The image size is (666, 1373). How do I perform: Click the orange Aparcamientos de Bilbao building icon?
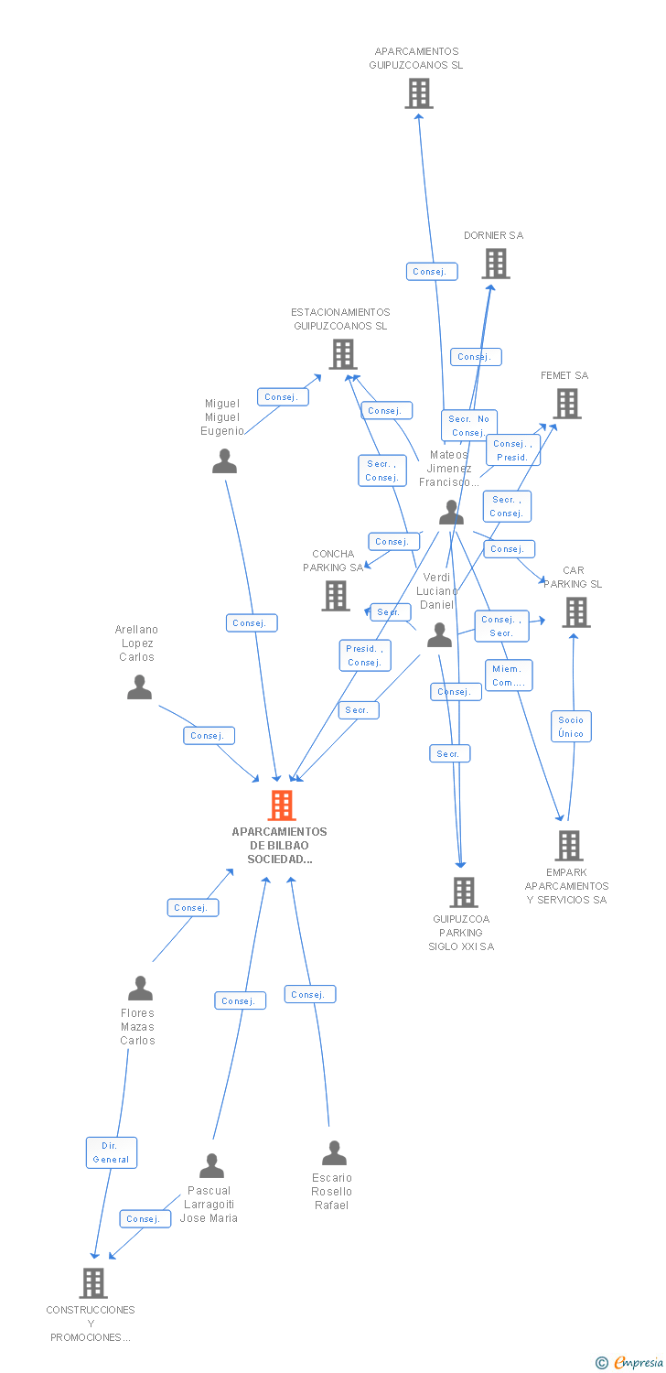pyautogui.click(x=282, y=805)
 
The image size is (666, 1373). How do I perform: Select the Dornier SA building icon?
pyautogui.click(x=496, y=264)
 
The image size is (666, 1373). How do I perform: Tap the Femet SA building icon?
pyautogui.click(x=567, y=404)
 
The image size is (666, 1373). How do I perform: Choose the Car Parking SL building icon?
pyautogui.click(x=575, y=612)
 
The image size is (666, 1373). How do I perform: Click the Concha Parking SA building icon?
pyautogui.click(x=336, y=596)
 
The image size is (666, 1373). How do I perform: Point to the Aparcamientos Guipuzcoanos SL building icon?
pyautogui.click(x=419, y=93)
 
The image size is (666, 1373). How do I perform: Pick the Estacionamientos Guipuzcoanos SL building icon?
pyautogui.click(x=343, y=354)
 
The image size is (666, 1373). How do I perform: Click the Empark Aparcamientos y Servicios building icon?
pyautogui.click(x=569, y=846)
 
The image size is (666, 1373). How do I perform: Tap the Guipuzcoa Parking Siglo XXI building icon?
pyautogui.click(x=464, y=892)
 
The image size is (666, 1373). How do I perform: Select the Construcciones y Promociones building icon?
pyautogui.click(x=93, y=1283)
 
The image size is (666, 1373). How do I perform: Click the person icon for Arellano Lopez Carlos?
pyautogui.click(x=139, y=687)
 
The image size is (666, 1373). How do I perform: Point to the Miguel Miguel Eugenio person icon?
pyautogui.click(x=224, y=461)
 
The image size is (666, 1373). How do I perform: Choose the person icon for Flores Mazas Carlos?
pyautogui.click(x=140, y=989)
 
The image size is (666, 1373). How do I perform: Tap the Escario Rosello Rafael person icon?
pyautogui.click(x=334, y=1153)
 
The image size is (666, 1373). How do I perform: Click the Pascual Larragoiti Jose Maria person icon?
pyautogui.click(x=211, y=1166)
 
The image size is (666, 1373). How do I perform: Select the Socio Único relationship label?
pyautogui.click(x=571, y=727)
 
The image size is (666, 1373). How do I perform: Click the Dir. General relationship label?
pyautogui.click(x=111, y=1152)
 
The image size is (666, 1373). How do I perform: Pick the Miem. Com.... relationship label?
pyautogui.click(x=508, y=676)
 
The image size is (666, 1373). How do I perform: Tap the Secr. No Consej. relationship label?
pyautogui.click(x=469, y=426)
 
